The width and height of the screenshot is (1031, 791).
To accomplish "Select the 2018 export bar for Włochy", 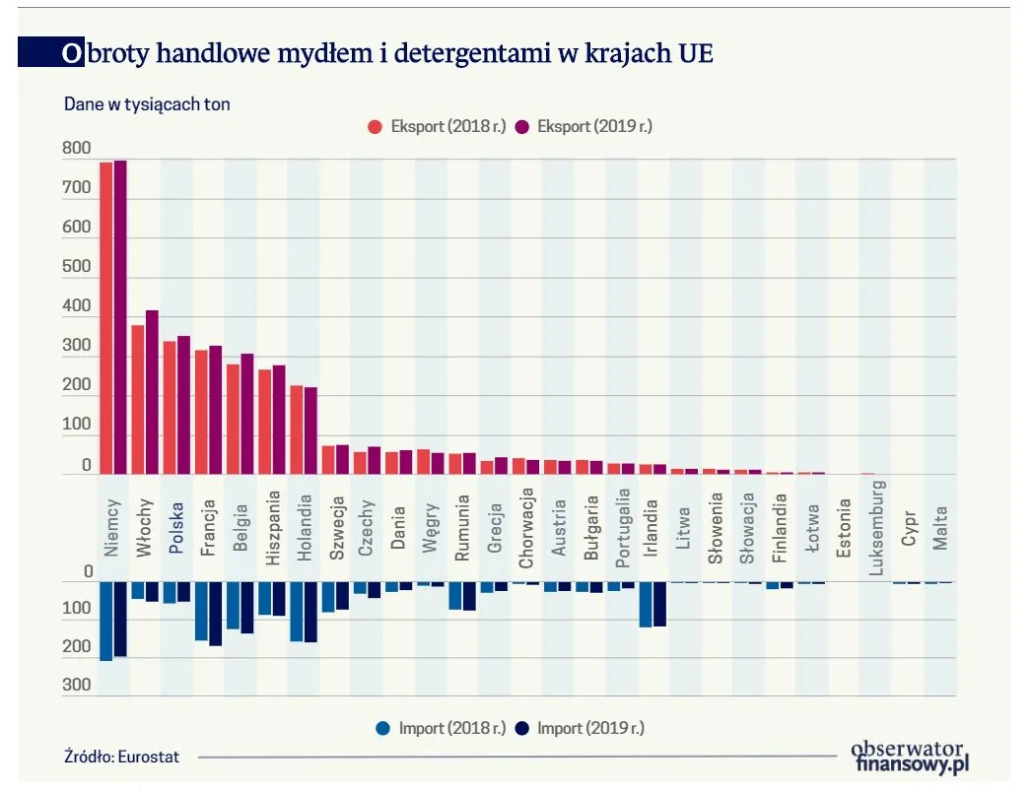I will (138, 400).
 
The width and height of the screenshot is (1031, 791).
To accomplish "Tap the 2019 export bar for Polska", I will (183, 405).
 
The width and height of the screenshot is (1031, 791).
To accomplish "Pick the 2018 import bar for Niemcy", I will (105, 621).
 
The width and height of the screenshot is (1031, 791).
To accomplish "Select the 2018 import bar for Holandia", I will (296, 612).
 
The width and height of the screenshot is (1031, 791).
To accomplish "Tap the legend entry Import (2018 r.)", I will (441, 729).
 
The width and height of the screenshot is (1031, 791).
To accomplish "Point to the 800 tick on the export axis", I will (76, 149).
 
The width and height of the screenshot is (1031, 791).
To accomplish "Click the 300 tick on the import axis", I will (76, 687).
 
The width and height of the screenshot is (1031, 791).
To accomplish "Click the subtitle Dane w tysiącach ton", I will (147, 104).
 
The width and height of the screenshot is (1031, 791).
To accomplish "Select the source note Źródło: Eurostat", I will (122, 757).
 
